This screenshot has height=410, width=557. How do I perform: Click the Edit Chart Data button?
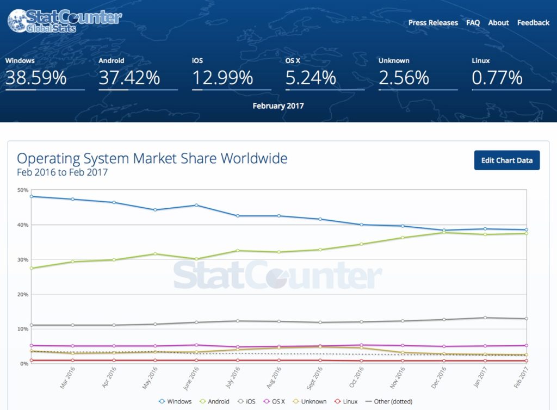506,160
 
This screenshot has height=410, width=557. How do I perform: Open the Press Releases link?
433,23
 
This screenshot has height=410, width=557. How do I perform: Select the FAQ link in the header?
473,23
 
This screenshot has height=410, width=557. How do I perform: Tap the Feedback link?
533,23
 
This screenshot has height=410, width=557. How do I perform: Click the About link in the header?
498,23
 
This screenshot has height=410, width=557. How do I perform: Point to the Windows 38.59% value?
36,78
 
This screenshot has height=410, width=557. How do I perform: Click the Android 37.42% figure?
129,78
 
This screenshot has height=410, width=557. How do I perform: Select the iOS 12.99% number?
222,78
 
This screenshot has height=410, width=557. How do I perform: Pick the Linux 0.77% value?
497,78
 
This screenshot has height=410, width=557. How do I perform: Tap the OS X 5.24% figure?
311,78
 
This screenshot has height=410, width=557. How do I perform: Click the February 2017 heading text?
278,106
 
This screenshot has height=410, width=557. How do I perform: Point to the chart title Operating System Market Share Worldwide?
152,159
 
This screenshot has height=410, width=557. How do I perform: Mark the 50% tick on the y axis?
23,190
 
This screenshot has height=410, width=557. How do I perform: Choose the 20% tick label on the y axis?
23,295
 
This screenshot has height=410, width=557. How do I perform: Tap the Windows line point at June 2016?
196,205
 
